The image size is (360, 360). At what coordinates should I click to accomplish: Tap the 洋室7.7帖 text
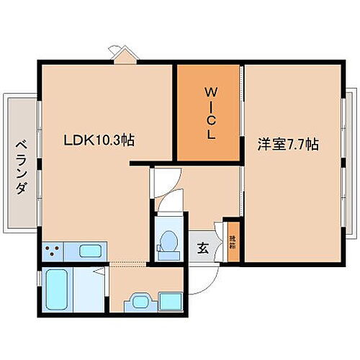tap(288, 144)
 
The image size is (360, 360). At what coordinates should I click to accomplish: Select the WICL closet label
tap(210, 113)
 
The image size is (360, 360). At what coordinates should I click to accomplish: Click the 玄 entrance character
tap(203, 248)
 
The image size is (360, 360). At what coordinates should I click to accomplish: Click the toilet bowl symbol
tap(169, 242)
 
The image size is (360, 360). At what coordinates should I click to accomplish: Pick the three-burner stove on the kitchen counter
tap(52, 252)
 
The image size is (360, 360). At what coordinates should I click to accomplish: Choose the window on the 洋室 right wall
tap(344, 155)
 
